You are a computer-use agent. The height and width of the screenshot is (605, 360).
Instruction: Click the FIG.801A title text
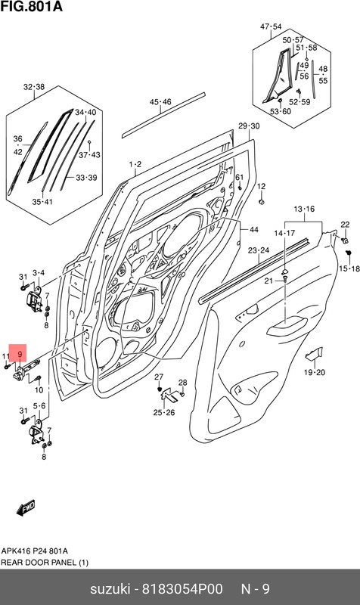(x=31, y=8)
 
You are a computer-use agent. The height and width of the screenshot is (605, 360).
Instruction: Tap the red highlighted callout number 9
(x=20, y=352)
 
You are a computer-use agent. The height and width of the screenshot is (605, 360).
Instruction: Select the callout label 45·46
(x=160, y=101)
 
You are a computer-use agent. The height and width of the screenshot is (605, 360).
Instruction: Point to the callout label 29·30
(x=248, y=126)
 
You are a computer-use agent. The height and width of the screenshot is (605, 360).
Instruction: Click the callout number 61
(x=238, y=178)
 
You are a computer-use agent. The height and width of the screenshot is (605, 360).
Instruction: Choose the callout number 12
(x=261, y=186)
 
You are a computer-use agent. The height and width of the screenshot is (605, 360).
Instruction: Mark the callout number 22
(x=345, y=224)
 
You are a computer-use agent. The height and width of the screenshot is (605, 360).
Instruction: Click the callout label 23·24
(x=258, y=250)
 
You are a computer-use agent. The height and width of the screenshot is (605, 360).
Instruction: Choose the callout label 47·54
(x=271, y=26)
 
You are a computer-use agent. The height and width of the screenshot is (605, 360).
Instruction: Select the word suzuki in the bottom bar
(x=111, y=588)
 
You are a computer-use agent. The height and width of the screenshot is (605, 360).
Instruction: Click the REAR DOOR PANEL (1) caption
(x=43, y=562)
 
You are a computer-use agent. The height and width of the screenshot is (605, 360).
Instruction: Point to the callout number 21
(x=268, y=281)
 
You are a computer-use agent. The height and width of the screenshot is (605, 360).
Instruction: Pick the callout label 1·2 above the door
(x=135, y=163)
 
